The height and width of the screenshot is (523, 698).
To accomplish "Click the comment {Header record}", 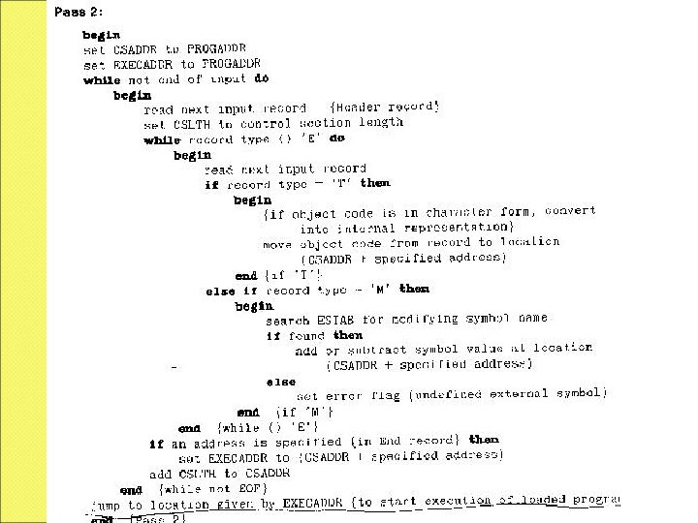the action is click(x=385, y=107).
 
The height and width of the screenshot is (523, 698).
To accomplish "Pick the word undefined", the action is click(x=456, y=394).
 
